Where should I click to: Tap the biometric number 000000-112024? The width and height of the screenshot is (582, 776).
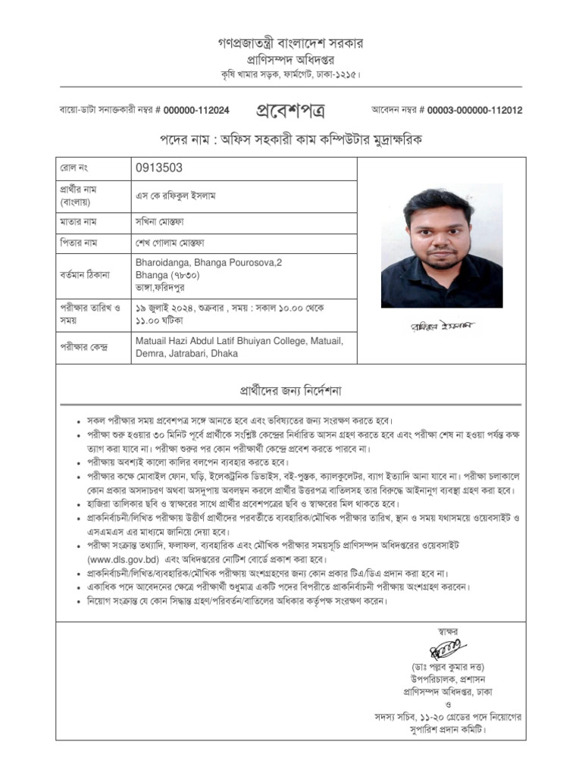(x=196, y=110)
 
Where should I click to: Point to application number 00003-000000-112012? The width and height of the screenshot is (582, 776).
(x=474, y=110)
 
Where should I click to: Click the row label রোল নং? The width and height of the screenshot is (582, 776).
(x=74, y=168)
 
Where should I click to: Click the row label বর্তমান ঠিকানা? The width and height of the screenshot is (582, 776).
(x=85, y=274)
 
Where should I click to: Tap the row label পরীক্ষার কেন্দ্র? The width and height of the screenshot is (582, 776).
(x=84, y=347)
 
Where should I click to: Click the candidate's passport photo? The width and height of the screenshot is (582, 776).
(x=441, y=246)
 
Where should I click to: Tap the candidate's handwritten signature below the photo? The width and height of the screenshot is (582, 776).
(x=440, y=325)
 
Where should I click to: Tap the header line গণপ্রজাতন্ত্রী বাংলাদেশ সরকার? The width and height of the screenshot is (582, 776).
(x=291, y=43)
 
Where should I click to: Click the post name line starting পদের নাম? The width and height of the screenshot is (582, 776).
(x=290, y=140)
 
